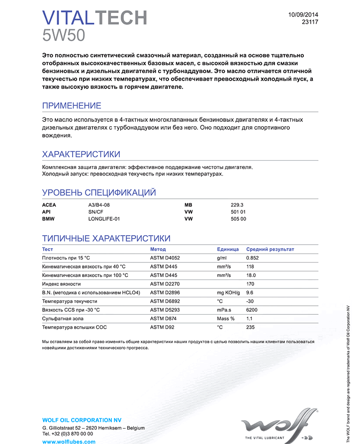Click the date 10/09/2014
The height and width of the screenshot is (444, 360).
(x=303, y=14)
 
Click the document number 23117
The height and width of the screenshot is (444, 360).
(x=310, y=22)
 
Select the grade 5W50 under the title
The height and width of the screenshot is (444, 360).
(x=64, y=35)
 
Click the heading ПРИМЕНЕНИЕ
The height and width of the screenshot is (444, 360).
(x=72, y=106)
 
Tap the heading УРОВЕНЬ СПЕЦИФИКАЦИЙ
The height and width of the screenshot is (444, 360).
(x=99, y=192)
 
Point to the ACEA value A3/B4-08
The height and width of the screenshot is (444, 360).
(x=99, y=205)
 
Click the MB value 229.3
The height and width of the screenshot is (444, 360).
(x=237, y=205)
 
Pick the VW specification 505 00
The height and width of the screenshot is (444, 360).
(x=239, y=219)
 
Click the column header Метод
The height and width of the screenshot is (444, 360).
(x=158, y=249)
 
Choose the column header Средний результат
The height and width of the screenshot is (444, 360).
(x=270, y=249)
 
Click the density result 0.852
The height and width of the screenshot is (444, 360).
(x=253, y=258)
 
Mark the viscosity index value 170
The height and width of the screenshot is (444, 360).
(x=250, y=284)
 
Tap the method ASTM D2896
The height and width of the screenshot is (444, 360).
(x=165, y=292)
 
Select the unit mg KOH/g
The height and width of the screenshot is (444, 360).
(x=228, y=292)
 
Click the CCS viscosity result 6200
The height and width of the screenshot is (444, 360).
(x=252, y=310)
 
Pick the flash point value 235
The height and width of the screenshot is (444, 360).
(x=250, y=327)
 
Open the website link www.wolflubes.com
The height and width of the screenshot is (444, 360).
(x=69, y=441)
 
